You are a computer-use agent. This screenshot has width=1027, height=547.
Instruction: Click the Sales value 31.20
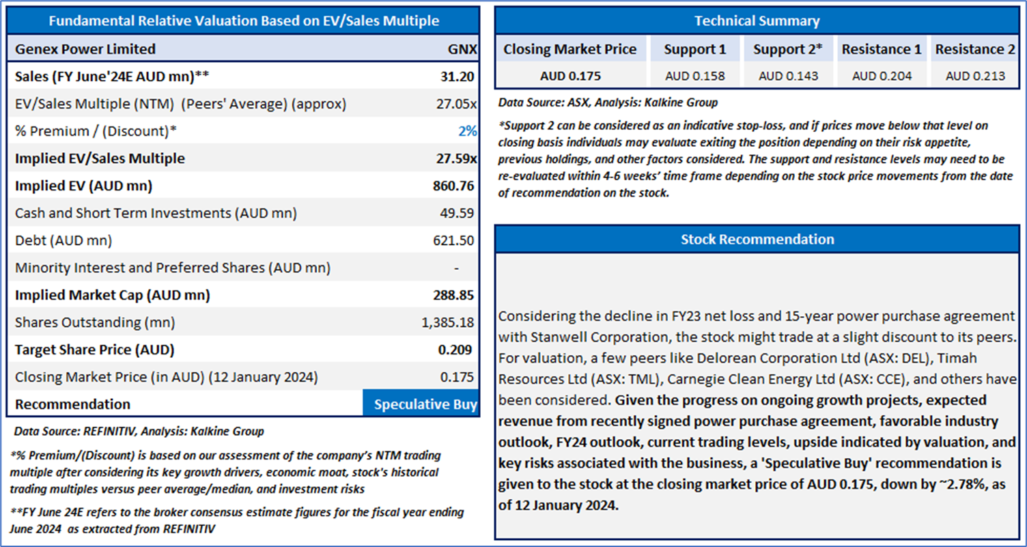[458, 76]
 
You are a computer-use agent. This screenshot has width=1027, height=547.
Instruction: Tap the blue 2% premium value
[467, 131]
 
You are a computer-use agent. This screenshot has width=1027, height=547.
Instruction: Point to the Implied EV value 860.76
[453, 186]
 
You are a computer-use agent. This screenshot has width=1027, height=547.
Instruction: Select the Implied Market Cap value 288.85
[453, 295]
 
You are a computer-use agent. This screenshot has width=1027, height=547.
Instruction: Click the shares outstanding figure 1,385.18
[448, 322]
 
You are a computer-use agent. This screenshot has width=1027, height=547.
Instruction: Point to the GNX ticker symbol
[462, 49]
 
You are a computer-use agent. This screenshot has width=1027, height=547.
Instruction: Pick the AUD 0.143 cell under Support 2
[788, 76]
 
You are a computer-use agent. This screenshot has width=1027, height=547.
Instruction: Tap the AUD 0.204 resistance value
[882, 76]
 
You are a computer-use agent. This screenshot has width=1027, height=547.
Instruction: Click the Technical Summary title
[757, 21]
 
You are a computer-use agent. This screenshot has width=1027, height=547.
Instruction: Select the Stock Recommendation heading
[757, 239]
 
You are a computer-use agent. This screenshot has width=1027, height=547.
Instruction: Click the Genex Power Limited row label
[85, 49]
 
